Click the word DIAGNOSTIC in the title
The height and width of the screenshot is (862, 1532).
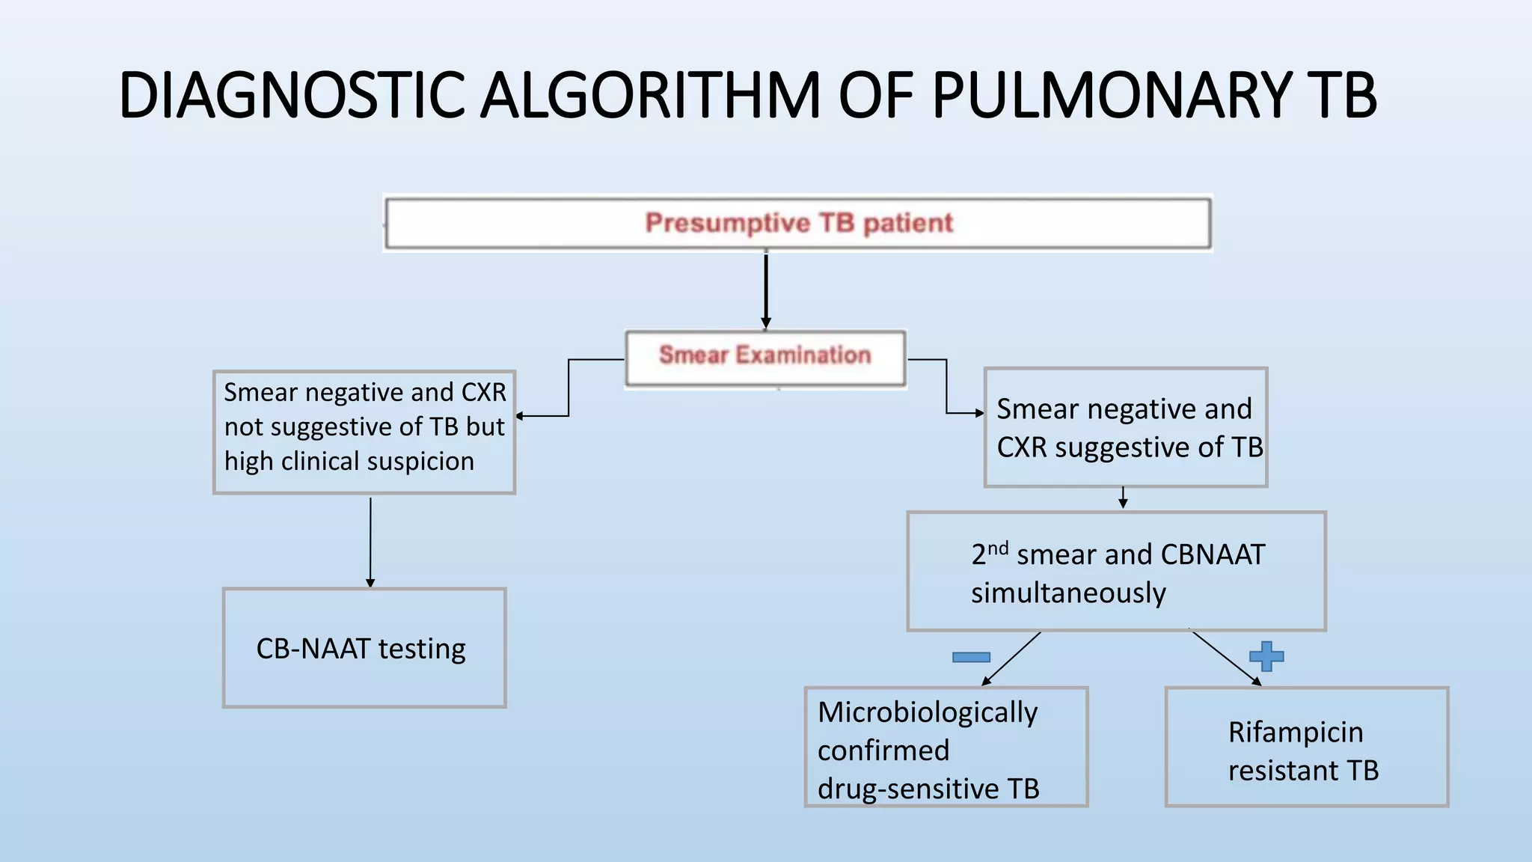click(x=292, y=96)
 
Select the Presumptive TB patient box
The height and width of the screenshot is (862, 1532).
click(x=798, y=223)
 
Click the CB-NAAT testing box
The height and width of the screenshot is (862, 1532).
click(x=364, y=648)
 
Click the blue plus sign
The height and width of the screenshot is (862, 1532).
click(x=1266, y=656)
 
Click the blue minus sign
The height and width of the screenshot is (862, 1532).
click(x=971, y=657)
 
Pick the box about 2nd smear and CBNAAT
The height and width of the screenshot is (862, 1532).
click(x=1116, y=572)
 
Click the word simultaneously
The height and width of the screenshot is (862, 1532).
click(x=1068, y=593)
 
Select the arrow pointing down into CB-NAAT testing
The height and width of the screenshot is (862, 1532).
click(x=370, y=542)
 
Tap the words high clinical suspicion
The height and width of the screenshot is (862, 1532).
click(x=349, y=462)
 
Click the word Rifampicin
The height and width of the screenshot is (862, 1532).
click(x=1296, y=732)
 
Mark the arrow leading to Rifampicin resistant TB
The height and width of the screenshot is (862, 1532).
click(x=1227, y=658)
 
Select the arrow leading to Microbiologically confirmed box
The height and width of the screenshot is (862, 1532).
click(x=1011, y=658)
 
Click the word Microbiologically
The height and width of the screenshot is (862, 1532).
click(x=928, y=712)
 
